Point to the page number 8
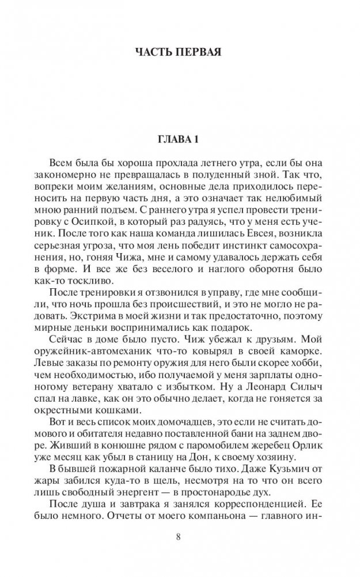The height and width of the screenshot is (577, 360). pyautogui.click(x=179, y=538)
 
